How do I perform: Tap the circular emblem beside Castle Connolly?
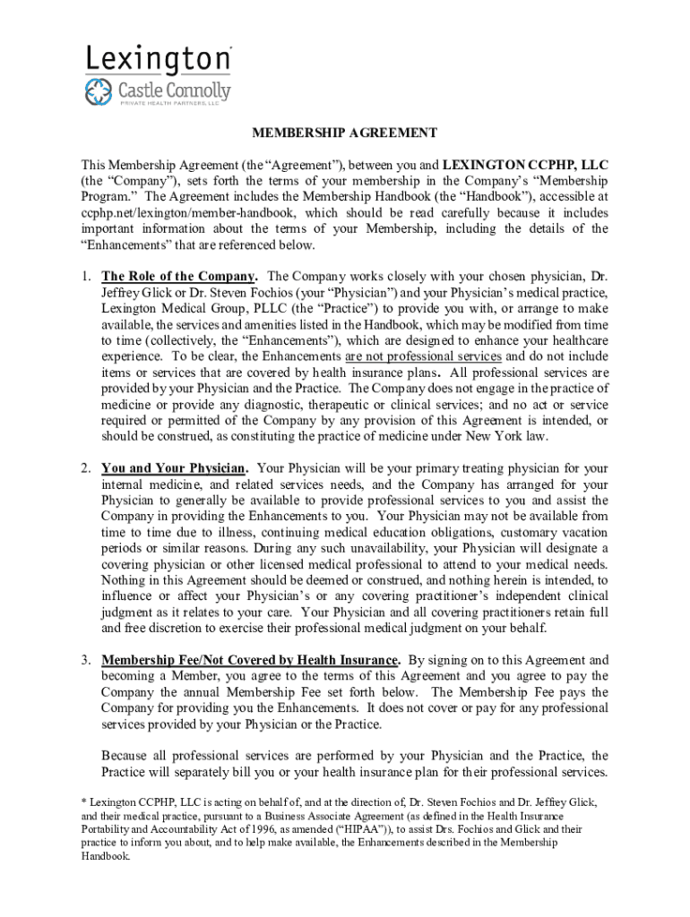[99, 90]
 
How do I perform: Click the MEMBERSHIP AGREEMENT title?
[344, 133]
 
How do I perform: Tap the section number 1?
[85, 276]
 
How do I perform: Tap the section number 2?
[85, 468]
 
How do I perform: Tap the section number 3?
[85, 661]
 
